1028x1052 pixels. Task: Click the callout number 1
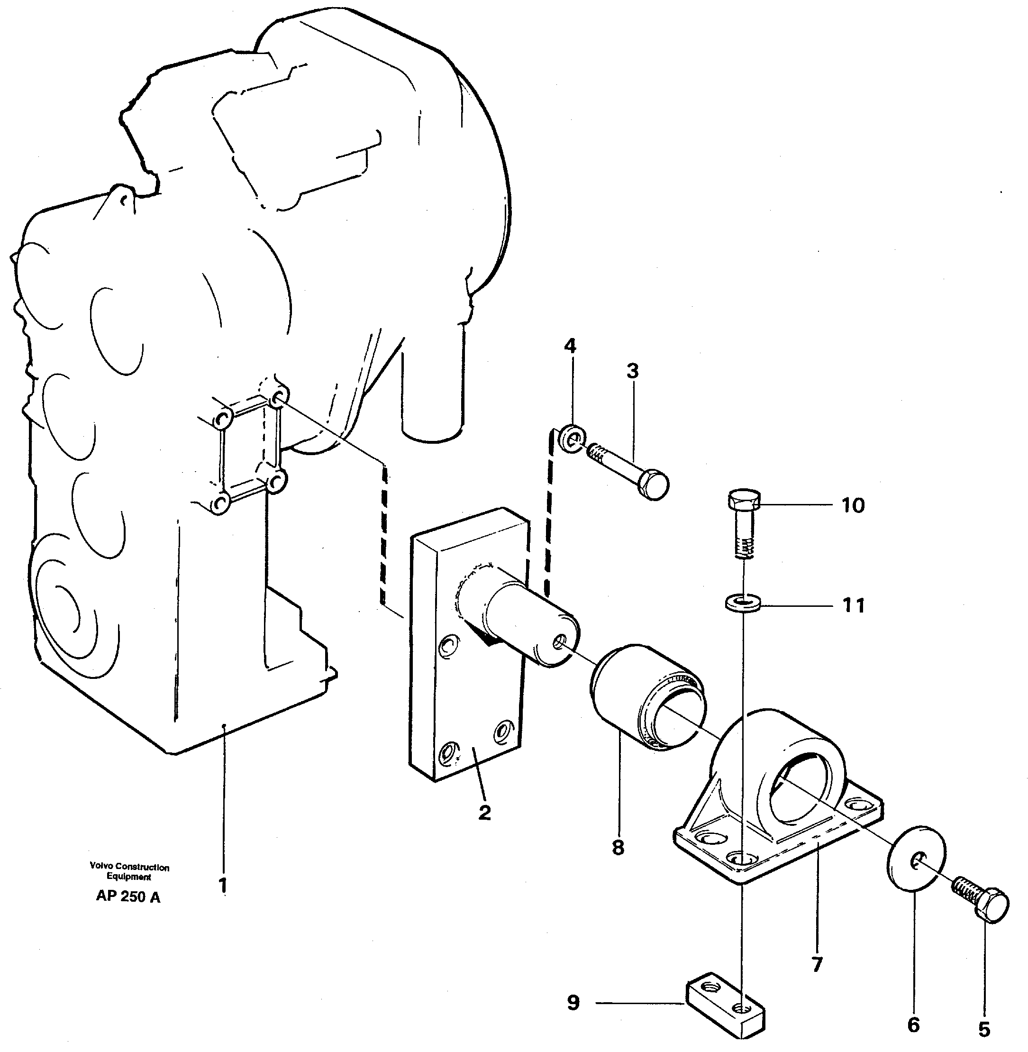pos(223,886)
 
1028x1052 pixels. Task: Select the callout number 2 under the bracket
pos(484,812)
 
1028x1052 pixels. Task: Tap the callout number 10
pos(853,505)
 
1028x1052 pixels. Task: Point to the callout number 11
pos(854,605)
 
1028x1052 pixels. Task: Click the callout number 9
pos(573,1003)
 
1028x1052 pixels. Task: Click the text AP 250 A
pos(128,896)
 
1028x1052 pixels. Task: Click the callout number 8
pos(618,847)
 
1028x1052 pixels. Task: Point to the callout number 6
pos(913,1025)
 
